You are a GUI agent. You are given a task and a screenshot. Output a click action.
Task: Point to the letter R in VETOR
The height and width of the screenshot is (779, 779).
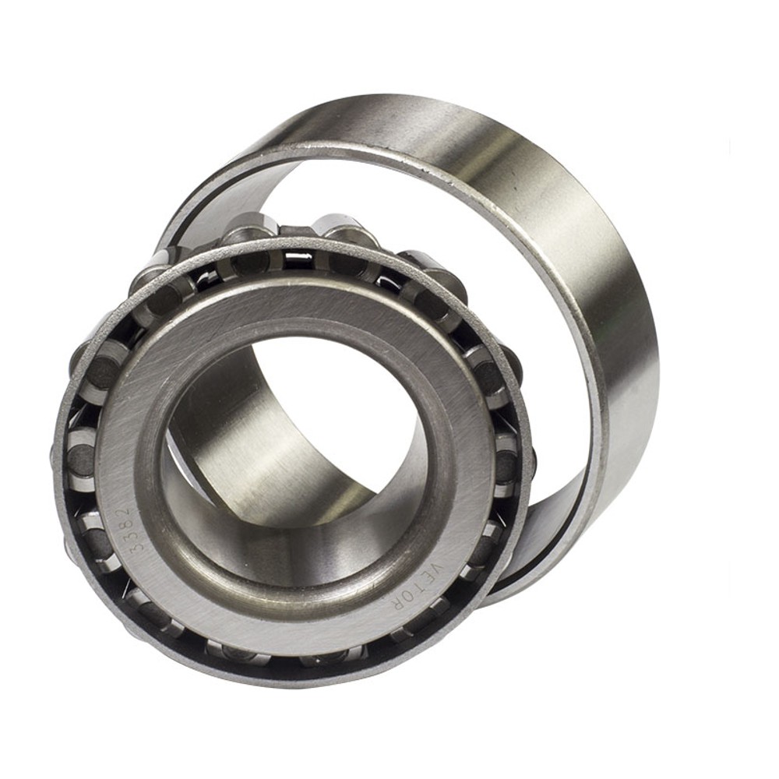tap(399, 600)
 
